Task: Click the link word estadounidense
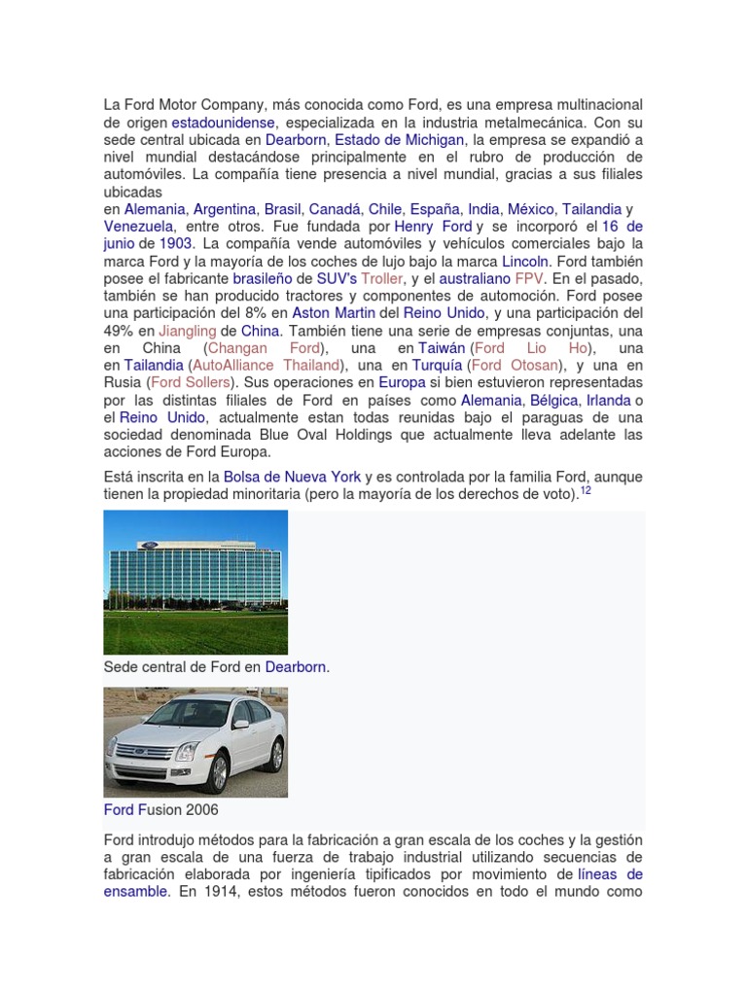(x=224, y=123)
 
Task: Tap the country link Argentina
(x=225, y=209)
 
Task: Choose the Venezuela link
(x=138, y=227)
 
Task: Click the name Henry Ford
(x=433, y=227)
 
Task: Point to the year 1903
(x=176, y=243)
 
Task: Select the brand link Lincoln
(x=526, y=261)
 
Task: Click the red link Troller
(x=381, y=278)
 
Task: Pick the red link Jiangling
(x=187, y=331)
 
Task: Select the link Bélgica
(x=554, y=400)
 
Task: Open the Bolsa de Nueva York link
(x=292, y=477)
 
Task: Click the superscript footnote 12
(x=586, y=491)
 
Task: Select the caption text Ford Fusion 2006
(x=160, y=809)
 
